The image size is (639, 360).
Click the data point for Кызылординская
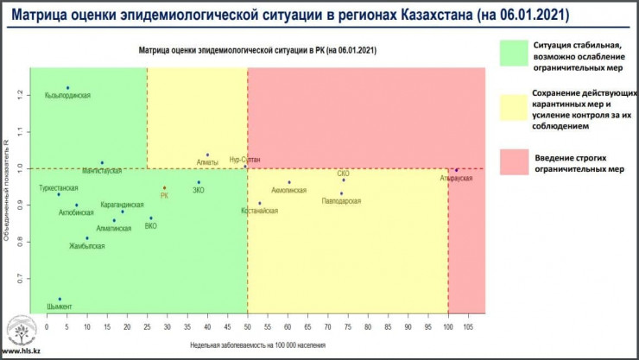(x=67, y=87)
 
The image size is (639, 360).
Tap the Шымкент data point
(x=60, y=299)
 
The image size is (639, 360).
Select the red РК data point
(x=164, y=187)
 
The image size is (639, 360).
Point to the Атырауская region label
(x=456, y=177)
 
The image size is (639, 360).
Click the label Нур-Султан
(x=244, y=160)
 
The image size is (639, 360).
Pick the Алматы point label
(x=207, y=162)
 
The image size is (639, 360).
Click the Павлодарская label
(x=340, y=201)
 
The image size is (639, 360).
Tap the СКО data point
(x=343, y=180)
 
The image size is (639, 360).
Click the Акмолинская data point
(x=289, y=182)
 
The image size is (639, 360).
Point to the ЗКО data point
(x=199, y=182)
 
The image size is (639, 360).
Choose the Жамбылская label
(x=87, y=246)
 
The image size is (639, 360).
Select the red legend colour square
(x=516, y=161)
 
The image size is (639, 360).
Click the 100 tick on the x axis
(x=448, y=327)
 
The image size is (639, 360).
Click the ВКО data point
(x=151, y=218)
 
